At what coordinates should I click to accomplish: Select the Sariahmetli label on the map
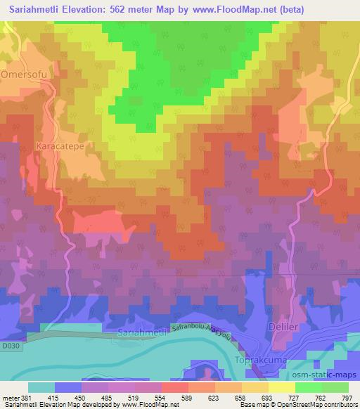click(x=143, y=330)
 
